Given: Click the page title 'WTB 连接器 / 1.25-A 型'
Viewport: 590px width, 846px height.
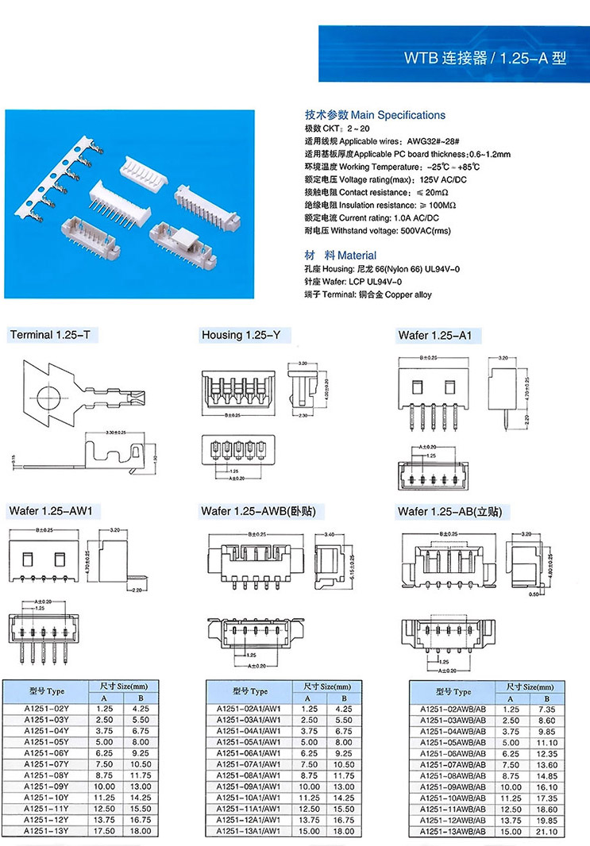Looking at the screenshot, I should coord(485,58).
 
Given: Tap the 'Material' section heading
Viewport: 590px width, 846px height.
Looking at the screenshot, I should coord(357,256).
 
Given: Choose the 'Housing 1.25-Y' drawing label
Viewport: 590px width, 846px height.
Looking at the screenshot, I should coord(241,335).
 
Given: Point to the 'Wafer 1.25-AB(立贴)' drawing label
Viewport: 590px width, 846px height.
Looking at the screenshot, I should coord(449,511).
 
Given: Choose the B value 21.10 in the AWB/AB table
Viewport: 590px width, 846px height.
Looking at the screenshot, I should coord(548,831).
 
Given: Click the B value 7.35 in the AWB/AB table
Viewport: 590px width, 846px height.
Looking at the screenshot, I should coord(548,708).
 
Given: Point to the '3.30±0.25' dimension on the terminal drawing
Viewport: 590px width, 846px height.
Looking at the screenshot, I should coord(120,433).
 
